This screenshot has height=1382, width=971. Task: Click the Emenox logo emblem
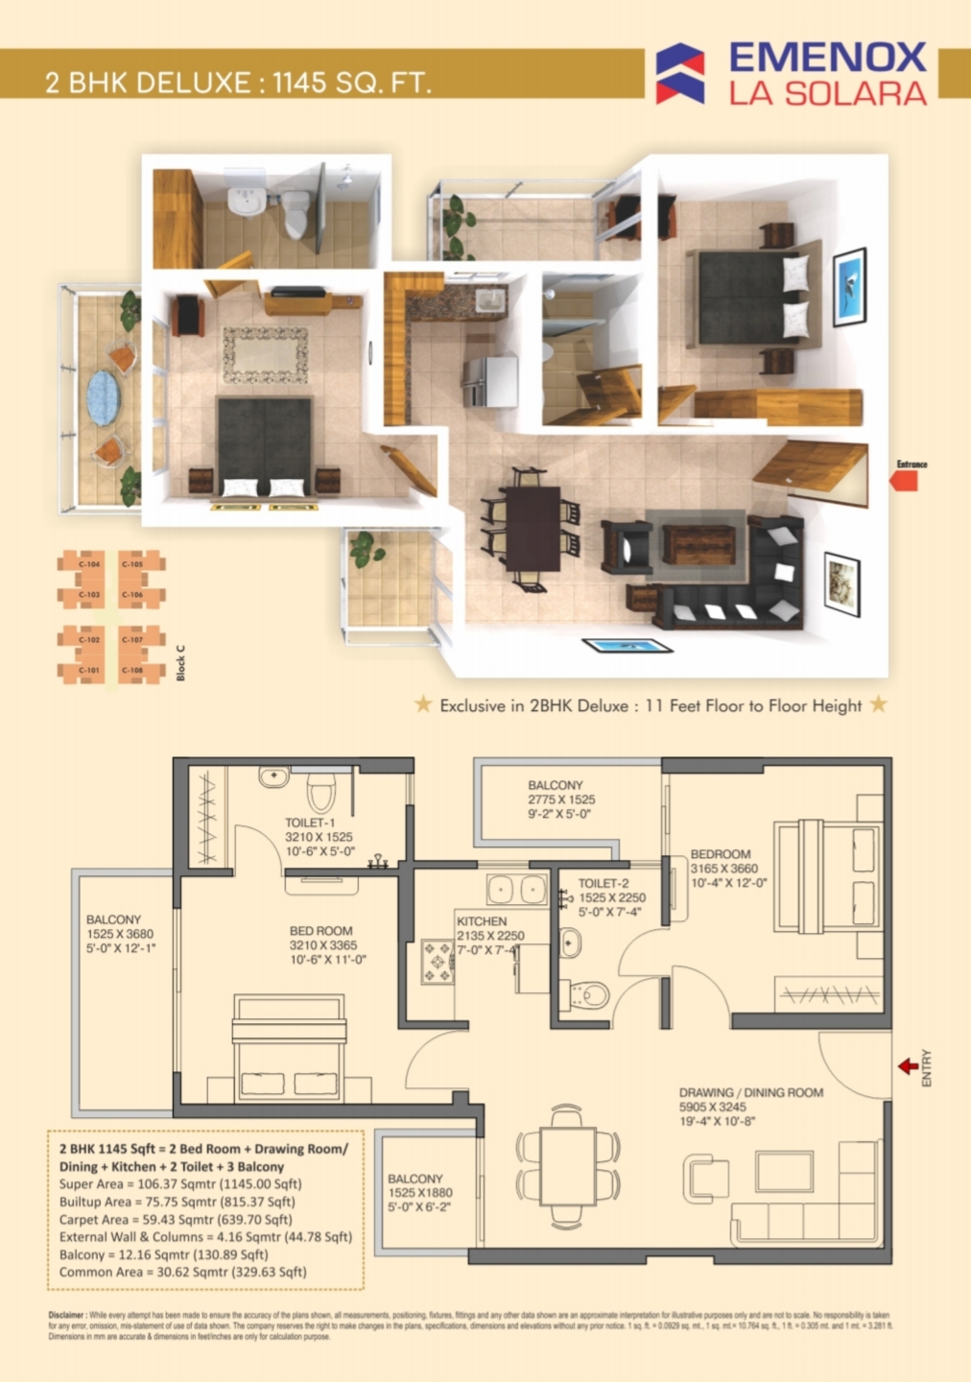click(680, 73)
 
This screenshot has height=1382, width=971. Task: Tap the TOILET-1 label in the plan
click(310, 822)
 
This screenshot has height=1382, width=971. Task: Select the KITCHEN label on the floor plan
click(482, 920)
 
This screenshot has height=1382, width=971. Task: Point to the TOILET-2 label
click(604, 883)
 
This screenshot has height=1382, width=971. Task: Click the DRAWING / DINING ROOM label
click(750, 1092)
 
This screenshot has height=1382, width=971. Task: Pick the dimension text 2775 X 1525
click(561, 799)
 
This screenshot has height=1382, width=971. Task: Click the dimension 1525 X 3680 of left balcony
click(120, 934)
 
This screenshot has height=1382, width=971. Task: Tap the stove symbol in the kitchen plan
click(438, 962)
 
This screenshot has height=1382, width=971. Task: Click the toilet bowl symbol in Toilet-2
click(589, 993)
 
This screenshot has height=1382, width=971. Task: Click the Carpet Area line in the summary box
click(176, 1220)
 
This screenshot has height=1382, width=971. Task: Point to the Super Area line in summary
click(180, 1184)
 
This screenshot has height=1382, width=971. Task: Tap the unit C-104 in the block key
click(89, 564)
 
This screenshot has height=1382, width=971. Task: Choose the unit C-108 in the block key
click(132, 670)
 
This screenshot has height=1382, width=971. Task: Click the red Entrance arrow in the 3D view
click(905, 480)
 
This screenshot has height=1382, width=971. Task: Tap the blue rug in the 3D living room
click(628, 646)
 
